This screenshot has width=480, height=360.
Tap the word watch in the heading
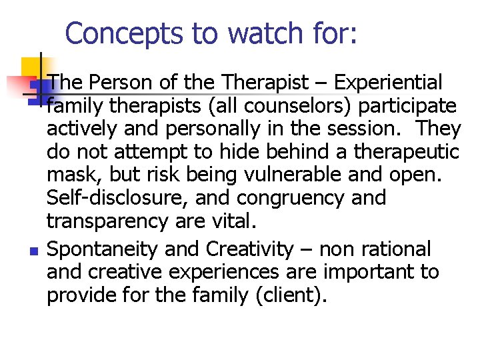point(237,33)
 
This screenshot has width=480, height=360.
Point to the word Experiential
point(388,83)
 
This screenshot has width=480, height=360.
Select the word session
point(366,129)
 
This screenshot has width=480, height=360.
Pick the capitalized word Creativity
point(250,249)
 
